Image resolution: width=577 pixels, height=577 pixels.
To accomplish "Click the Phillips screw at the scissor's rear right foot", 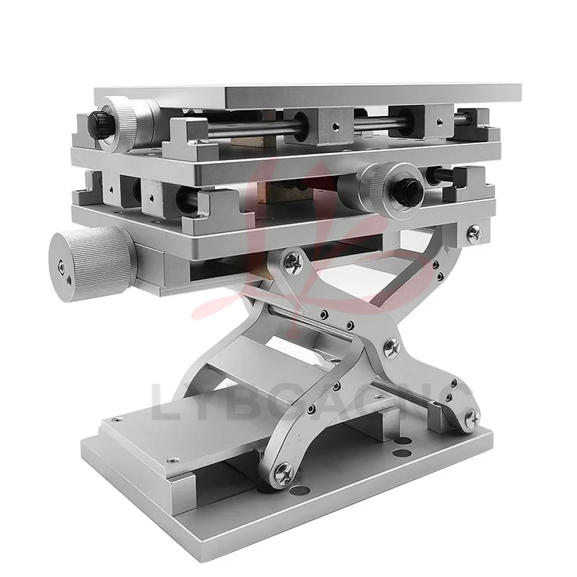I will point(472,416).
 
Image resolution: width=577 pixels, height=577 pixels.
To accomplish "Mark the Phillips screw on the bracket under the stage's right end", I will point(474,232).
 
